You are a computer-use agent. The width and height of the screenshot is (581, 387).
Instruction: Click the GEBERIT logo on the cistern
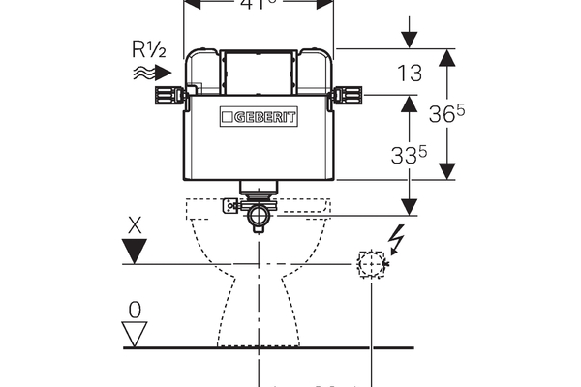coord(259,116)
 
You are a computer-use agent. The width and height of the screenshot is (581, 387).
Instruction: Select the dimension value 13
coord(409,72)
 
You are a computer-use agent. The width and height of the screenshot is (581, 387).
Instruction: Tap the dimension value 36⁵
coord(448,113)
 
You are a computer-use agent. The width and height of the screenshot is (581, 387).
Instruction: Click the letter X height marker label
coord(137,224)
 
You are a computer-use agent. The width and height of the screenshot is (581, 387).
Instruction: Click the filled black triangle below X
coord(137,252)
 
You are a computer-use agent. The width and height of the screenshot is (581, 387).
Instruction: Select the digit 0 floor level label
coord(136,310)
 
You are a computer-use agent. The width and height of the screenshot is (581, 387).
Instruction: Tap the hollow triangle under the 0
coord(136,335)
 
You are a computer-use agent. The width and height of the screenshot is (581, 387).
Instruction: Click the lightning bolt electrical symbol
coord(394,236)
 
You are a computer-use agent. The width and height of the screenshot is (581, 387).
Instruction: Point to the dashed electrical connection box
coord(371,263)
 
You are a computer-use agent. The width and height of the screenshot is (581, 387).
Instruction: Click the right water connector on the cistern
coord(346,95)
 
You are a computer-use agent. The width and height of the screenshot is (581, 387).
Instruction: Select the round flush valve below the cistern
coord(260,217)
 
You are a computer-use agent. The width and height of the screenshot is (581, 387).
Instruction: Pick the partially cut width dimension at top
coord(259,4)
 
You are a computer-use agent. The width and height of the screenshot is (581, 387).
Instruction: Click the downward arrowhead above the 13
coord(409,40)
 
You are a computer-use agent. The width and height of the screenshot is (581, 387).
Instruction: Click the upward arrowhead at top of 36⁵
coord(447,57)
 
